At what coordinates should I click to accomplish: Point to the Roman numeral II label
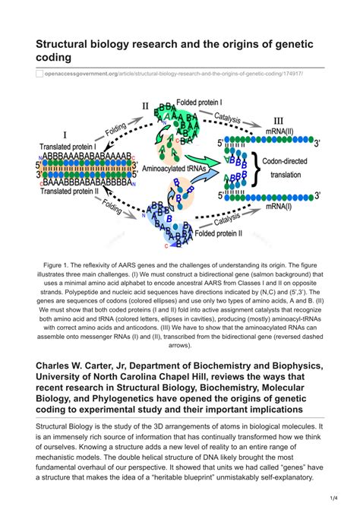[146, 106]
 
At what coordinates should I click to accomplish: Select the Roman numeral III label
[278, 120]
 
